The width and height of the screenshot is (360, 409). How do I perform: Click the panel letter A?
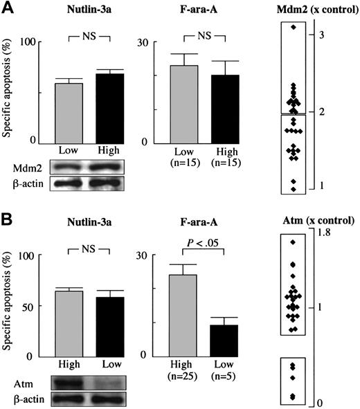tap(7, 8)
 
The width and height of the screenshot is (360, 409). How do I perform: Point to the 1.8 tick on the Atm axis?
tap(323, 233)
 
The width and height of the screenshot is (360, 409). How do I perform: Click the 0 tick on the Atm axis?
tap(319, 402)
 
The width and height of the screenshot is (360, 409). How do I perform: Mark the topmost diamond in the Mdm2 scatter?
tap(294, 27)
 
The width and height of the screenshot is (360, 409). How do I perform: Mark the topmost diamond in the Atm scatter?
tap(293, 242)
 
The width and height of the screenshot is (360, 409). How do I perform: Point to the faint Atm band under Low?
tap(102, 381)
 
